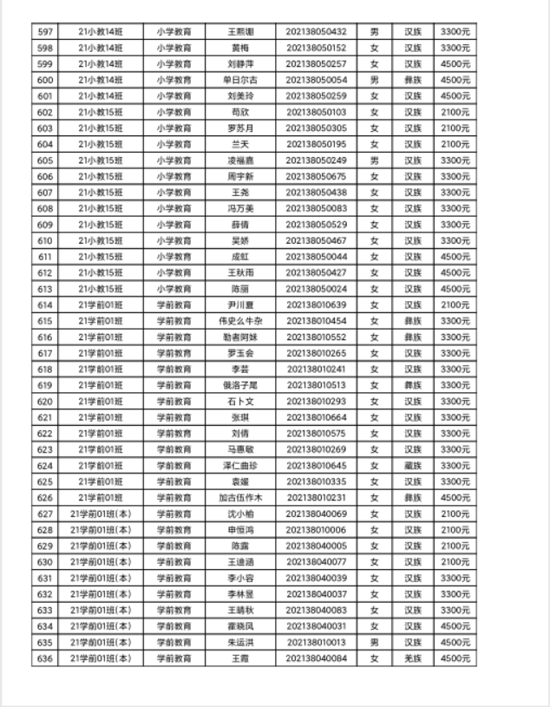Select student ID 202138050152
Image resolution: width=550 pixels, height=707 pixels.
pos(316,48)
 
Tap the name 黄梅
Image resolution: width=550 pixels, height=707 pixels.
pos(238,48)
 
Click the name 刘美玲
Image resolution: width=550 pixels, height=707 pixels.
pos(238,95)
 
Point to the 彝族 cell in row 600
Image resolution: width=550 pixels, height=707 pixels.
pos(412,80)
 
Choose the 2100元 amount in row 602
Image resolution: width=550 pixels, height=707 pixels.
pos(455,112)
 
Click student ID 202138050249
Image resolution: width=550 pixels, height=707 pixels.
pos(316,160)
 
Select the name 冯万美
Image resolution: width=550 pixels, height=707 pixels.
pos(238,208)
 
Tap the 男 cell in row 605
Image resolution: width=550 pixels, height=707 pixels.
pos(375,160)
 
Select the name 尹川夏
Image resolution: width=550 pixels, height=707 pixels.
pos(238,304)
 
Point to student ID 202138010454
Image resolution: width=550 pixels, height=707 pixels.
pos(316,321)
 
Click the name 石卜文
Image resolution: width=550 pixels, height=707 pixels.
pos(238,401)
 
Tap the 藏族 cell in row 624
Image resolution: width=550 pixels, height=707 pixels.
pos(412,465)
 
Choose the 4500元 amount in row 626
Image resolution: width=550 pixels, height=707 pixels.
pos(455,497)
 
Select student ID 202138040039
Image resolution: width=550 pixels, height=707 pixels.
pos(316,578)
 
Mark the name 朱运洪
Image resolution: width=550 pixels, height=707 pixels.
pos(238,642)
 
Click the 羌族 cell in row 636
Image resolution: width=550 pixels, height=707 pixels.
pos(412,658)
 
